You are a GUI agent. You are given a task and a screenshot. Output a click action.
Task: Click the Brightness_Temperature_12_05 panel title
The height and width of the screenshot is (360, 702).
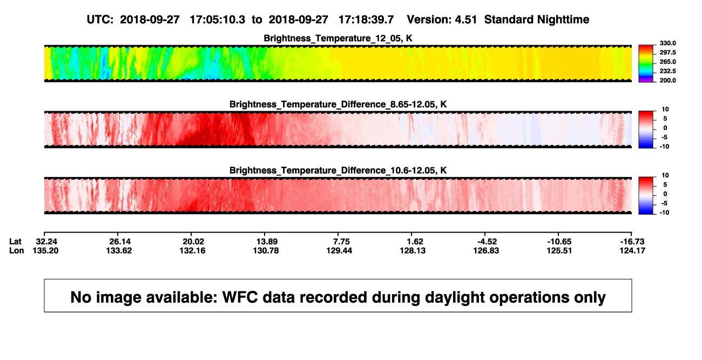(x=338, y=38)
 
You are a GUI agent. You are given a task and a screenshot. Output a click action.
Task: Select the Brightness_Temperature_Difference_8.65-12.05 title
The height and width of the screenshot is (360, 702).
(x=338, y=104)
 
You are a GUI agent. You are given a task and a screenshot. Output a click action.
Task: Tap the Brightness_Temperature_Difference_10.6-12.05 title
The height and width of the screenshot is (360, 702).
(x=338, y=171)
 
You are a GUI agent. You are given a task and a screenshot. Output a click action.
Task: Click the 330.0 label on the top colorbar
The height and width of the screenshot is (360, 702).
(x=668, y=43)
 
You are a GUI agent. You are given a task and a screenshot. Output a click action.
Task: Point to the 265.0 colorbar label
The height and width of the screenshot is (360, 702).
(x=668, y=62)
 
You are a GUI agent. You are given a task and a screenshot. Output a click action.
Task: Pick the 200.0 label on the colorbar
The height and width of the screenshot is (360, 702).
(x=668, y=80)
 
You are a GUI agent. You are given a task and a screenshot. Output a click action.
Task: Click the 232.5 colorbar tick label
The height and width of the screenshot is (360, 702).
(x=668, y=71)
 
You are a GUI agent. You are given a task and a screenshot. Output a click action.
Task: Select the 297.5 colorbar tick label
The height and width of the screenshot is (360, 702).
(x=668, y=52)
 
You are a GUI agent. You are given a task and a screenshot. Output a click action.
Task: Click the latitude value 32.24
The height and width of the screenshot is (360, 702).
(x=46, y=242)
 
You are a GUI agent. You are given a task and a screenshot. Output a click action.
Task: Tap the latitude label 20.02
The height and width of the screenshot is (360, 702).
(x=193, y=242)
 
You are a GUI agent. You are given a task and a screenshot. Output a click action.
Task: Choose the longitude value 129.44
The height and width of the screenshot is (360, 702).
(x=339, y=250)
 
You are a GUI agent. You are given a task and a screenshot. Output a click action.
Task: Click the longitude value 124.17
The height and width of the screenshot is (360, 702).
(x=632, y=250)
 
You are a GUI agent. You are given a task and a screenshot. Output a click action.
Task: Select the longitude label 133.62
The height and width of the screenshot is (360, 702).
(x=119, y=250)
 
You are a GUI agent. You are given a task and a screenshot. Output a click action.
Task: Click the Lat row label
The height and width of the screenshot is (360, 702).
(x=15, y=242)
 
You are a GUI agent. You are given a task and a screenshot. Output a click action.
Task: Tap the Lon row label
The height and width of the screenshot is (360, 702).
(x=17, y=250)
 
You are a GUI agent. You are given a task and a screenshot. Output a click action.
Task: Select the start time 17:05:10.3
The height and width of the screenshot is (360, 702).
(x=218, y=20)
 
